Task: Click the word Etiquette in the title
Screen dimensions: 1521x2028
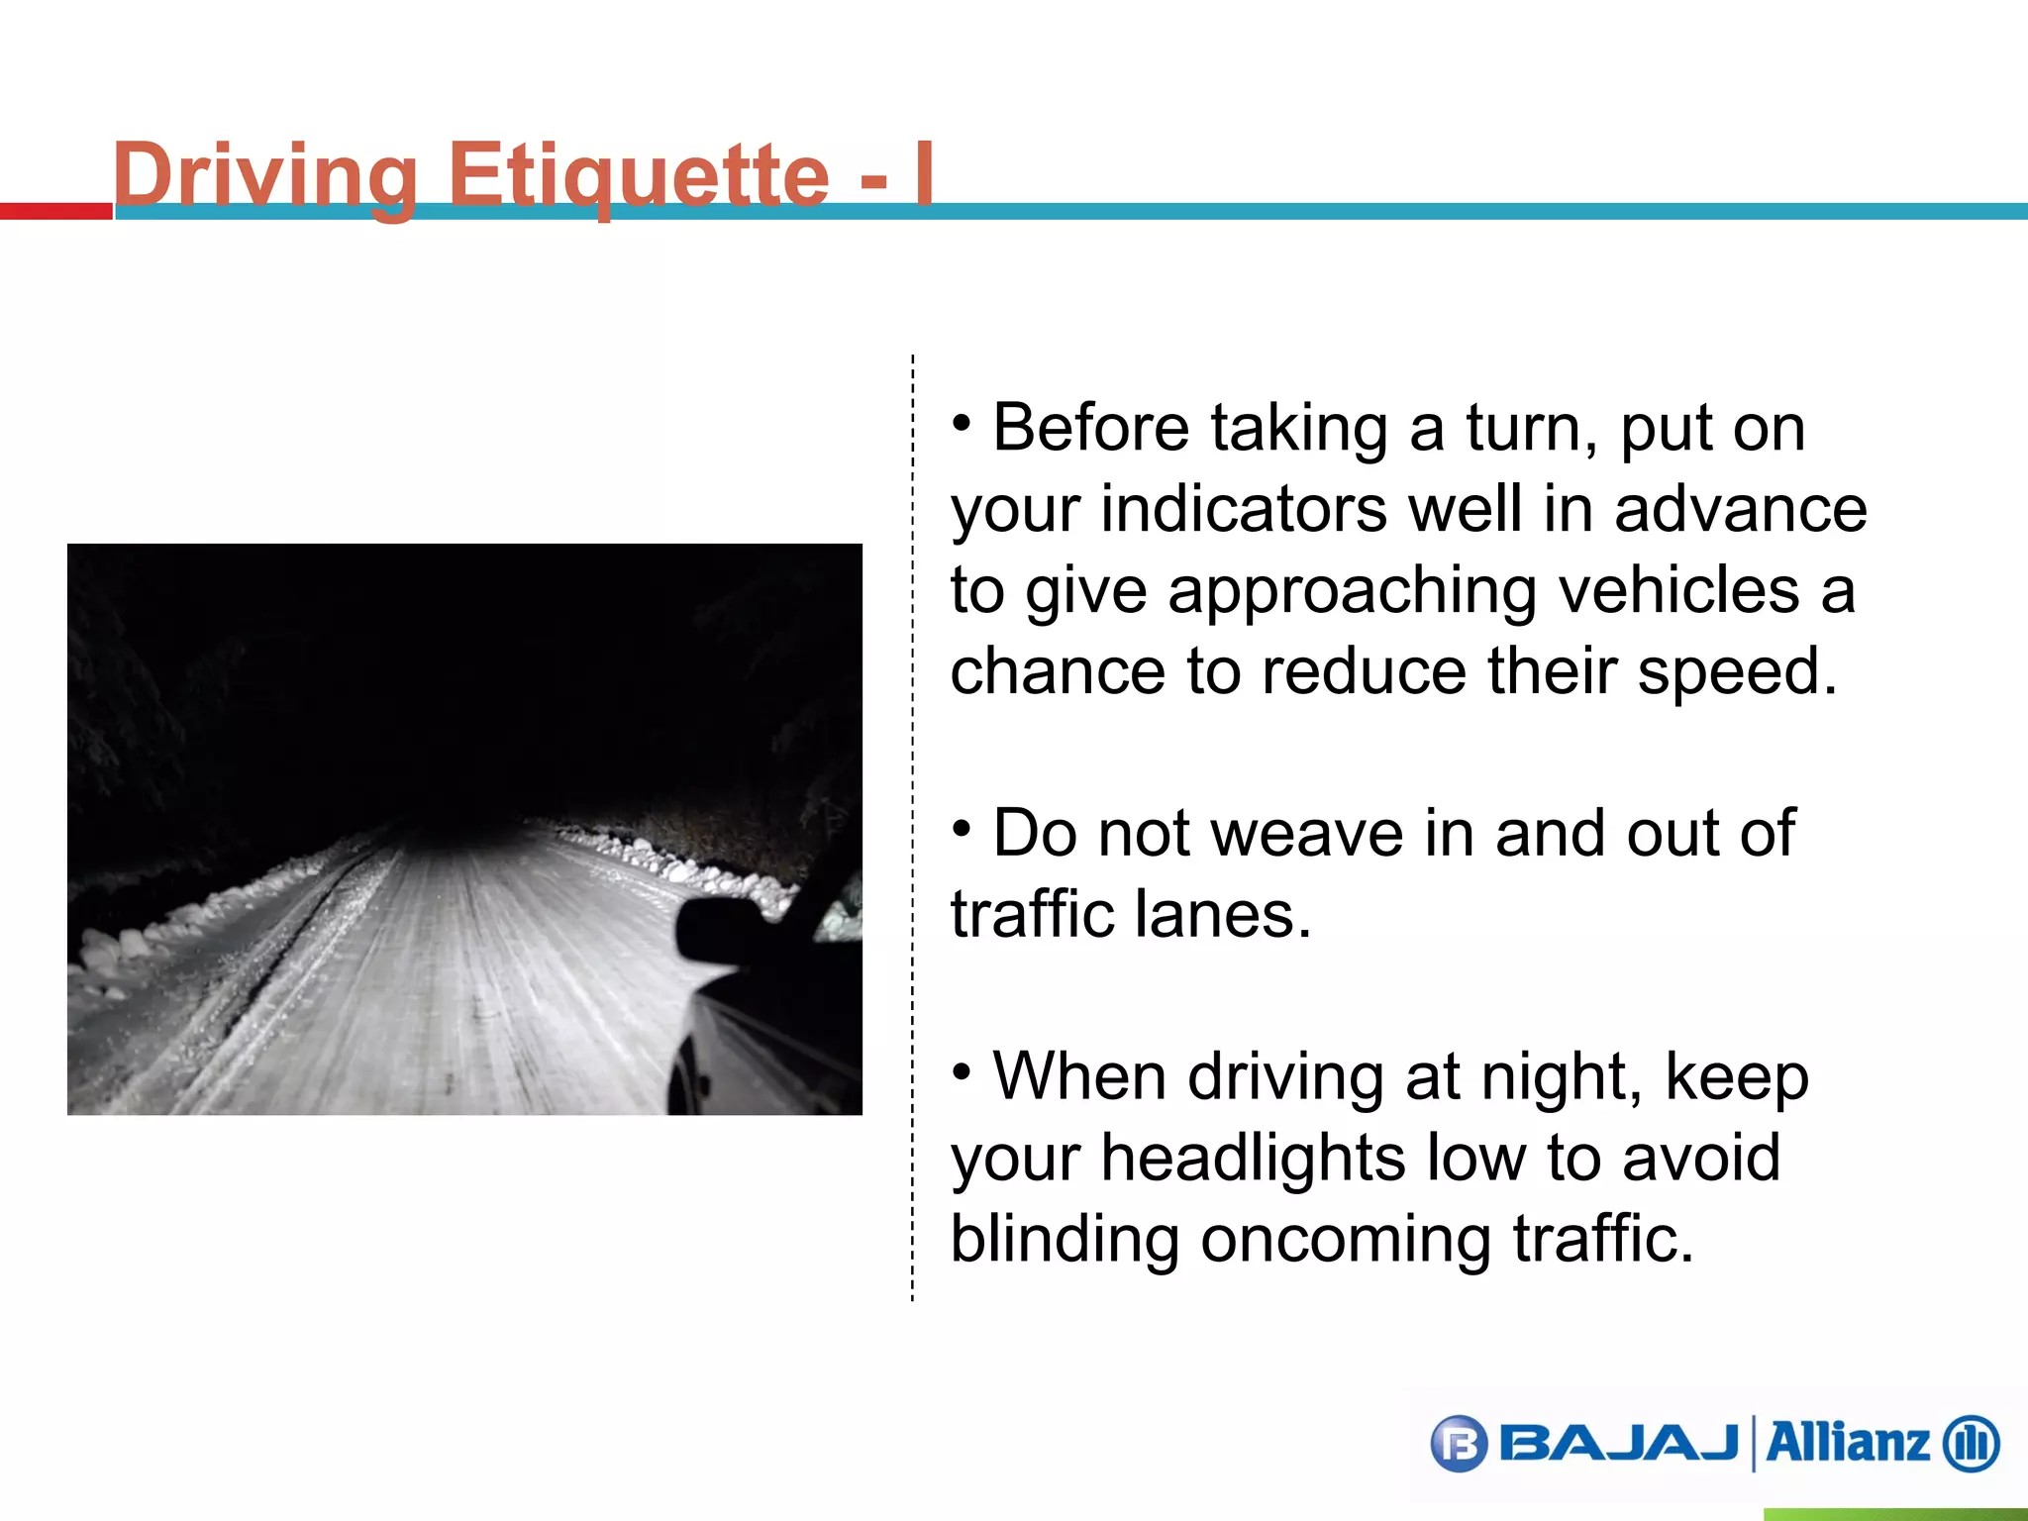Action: (639, 175)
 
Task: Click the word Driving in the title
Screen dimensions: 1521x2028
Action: (265, 175)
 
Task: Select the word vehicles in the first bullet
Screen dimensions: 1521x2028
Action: (1678, 590)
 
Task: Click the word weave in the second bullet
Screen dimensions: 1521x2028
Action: (1306, 833)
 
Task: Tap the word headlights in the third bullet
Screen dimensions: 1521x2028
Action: (1253, 1158)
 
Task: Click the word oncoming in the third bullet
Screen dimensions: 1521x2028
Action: (1346, 1239)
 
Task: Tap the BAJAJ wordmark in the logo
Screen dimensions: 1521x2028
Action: (1619, 1443)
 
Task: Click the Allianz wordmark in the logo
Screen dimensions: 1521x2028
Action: (1848, 1443)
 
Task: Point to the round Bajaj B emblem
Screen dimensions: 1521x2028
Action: (1459, 1444)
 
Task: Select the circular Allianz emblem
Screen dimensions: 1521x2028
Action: (1972, 1444)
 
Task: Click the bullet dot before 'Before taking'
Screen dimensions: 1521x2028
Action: (962, 423)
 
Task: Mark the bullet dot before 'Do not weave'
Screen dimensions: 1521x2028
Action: (962, 828)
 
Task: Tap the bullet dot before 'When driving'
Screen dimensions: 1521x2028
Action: (962, 1071)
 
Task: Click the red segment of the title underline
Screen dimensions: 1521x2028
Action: (55, 211)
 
